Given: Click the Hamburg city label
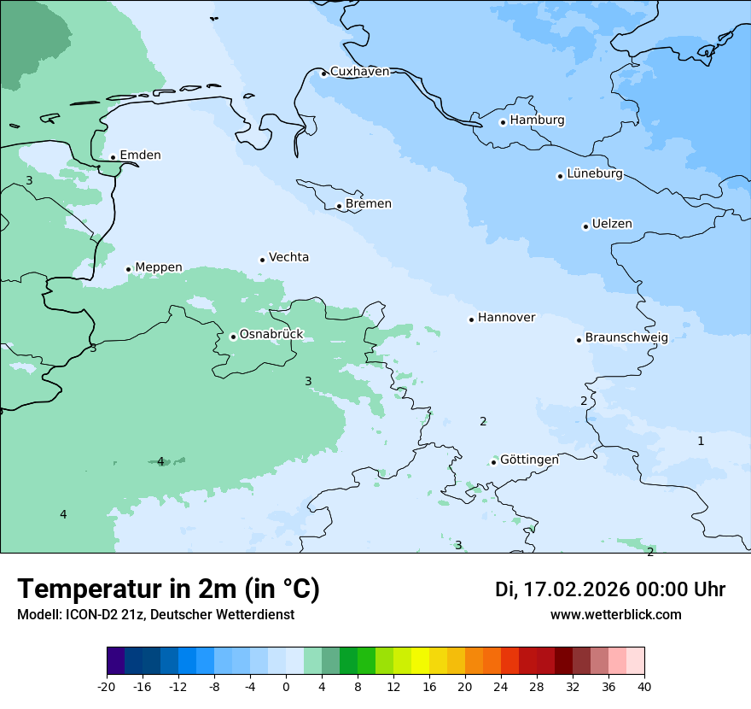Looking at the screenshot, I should (x=537, y=120).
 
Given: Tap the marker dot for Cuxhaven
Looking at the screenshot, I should (x=323, y=73).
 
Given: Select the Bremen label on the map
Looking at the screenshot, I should (x=368, y=204).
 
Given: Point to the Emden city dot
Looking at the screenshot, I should (x=113, y=157).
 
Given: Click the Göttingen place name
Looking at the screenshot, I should (x=529, y=460).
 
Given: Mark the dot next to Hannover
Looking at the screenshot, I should (x=471, y=319).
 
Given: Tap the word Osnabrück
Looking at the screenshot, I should (x=271, y=335).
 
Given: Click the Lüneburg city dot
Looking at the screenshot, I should (x=560, y=176).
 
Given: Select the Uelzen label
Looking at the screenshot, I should (x=612, y=224).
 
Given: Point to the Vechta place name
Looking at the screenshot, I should (x=288, y=257).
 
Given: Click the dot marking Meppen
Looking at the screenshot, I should (x=128, y=269).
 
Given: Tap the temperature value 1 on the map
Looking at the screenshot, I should (x=701, y=441).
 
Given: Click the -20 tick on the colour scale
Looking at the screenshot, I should (x=107, y=687).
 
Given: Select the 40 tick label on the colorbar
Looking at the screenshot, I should (x=644, y=687).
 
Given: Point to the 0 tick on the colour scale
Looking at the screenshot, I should (x=286, y=687).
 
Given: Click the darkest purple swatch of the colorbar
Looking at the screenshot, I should (x=115, y=661).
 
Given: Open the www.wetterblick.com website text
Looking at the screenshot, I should (x=615, y=615).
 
